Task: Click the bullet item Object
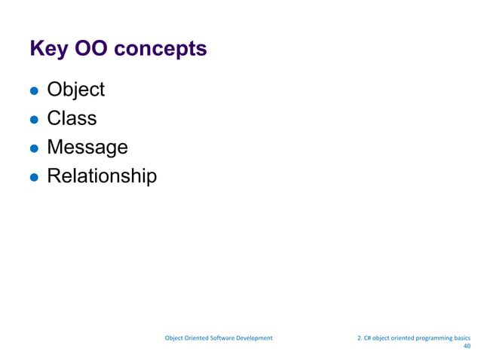[75, 90]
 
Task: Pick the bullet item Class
[72, 118]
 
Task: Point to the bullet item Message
[87, 148]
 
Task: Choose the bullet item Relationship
[102, 176]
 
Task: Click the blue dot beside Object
[34, 90]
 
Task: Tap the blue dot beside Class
[34, 119]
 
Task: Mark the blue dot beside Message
[34, 148]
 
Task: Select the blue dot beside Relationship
[34, 177]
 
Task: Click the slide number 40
[466, 348]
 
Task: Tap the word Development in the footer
[254, 338]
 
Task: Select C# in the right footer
[368, 338]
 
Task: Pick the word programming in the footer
[432, 338]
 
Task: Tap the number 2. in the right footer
[359, 338]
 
